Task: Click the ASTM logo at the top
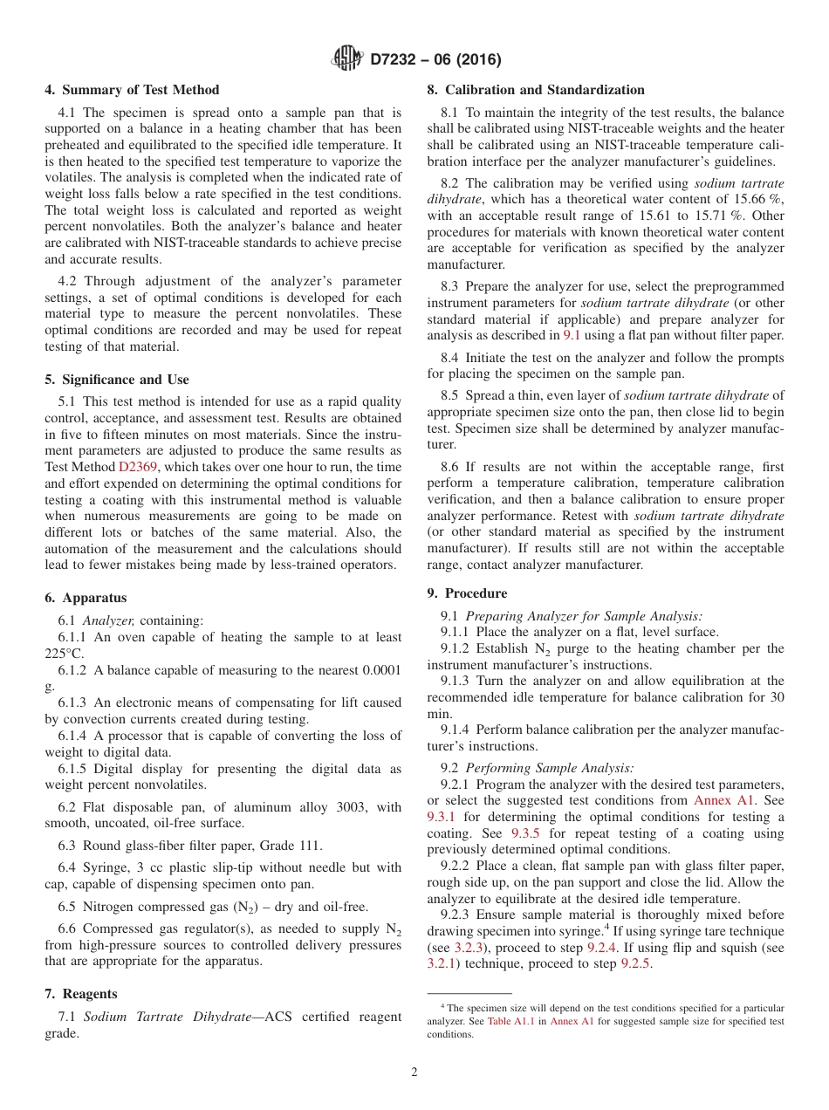click(348, 59)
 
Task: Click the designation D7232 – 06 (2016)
click(435, 60)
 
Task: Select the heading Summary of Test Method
click(132, 90)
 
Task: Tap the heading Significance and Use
click(117, 380)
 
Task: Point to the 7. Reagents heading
click(81, 994)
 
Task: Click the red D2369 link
click(138, 467)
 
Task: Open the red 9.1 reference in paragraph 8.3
click(572, 334)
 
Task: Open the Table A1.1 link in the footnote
click(511, 1021)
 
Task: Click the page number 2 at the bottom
click(414, 1072)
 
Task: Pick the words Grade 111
click(292, 845)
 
